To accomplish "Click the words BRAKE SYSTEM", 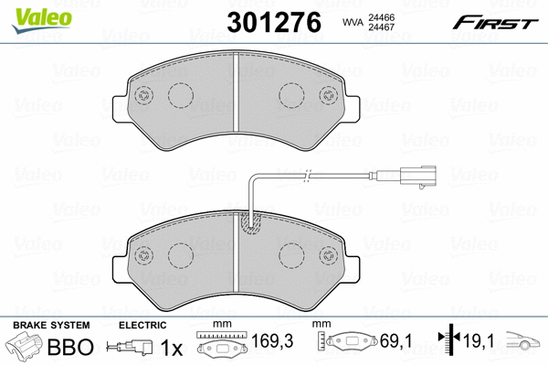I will pos(51,326).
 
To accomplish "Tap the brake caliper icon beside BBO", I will pos(25,347).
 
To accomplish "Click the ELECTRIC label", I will pos(142,326).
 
